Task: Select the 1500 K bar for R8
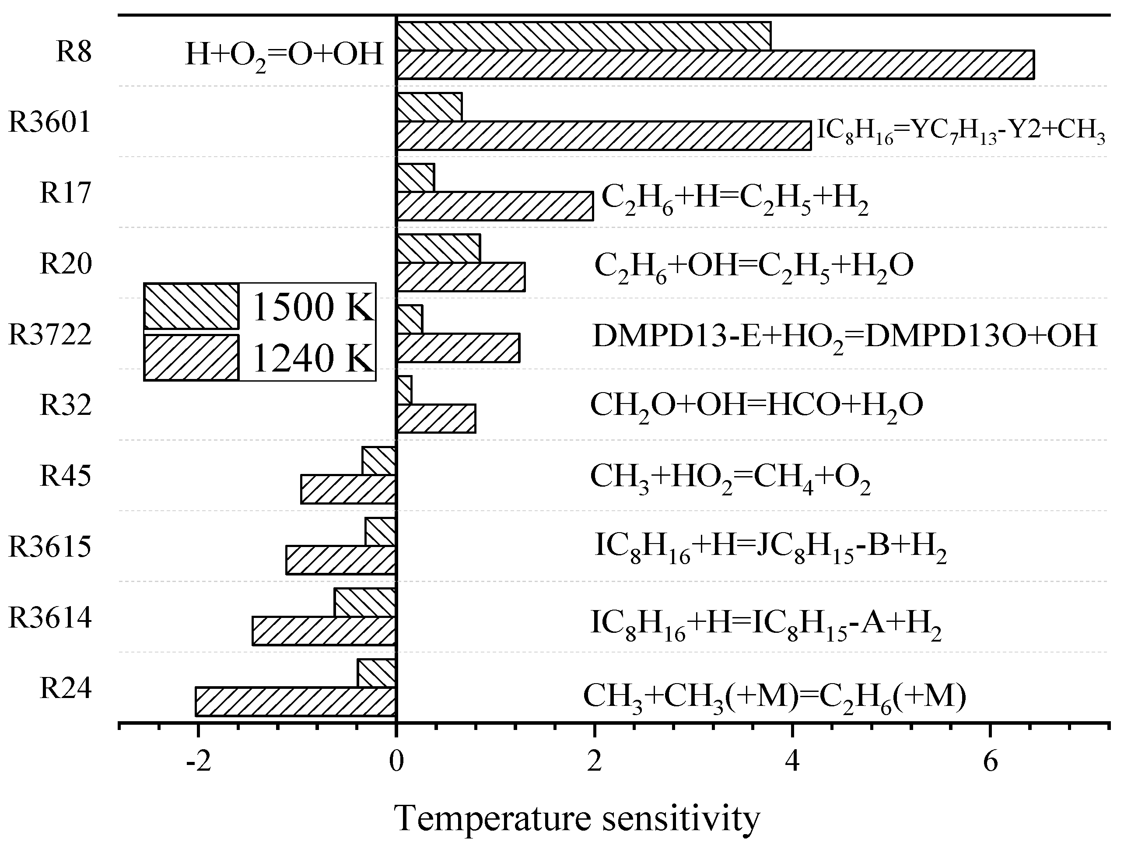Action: pos(583,36)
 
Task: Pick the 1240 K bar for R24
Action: pos(295,702)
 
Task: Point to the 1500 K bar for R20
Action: pos(438,249)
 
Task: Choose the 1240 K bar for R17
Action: pos(494,206)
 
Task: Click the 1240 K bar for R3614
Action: pos(324,631)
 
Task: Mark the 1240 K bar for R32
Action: pos(435,419)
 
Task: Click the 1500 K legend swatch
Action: pos(192,306)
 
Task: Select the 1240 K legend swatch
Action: pos(192,357)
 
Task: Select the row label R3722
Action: pos(50,335)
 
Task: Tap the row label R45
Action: pos(66,476)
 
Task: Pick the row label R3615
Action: pos(50,547)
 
